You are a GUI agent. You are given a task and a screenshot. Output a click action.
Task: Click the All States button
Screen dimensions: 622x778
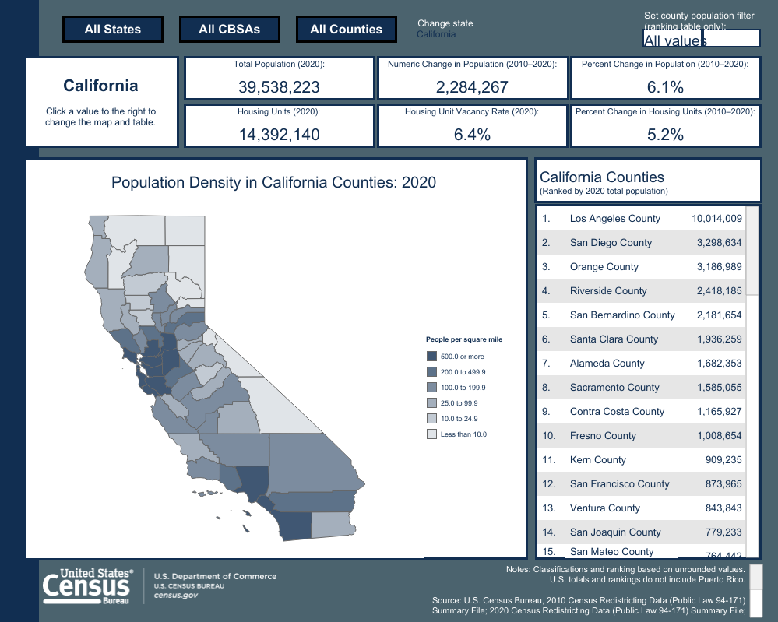coord(113,30)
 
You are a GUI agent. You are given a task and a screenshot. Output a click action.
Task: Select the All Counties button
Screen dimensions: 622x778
coord(347,30)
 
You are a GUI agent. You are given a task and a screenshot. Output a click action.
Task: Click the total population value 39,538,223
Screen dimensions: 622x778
coord(279,87)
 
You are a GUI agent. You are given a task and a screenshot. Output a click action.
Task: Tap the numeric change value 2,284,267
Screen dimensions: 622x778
coord(472,87)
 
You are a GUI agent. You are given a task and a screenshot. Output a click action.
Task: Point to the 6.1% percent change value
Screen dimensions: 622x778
coord(665,87)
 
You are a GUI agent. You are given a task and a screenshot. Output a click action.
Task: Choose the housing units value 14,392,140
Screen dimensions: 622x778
coord(279,135)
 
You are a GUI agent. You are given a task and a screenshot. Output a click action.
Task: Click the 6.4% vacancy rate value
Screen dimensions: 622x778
coord(472,135)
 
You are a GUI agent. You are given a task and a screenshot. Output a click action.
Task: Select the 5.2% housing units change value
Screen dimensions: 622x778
coord(665,135)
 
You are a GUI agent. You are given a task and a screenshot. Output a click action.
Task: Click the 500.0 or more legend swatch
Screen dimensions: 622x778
coord(431,357)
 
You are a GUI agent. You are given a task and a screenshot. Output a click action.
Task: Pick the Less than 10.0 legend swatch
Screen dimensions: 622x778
coord(431,434)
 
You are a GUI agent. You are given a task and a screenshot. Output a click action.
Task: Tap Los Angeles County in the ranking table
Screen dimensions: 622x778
coord(614,219)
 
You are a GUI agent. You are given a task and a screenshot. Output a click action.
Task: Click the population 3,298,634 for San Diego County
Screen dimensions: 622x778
coord(716,243)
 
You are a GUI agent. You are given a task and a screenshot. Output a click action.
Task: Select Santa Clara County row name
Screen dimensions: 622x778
coord(614,339)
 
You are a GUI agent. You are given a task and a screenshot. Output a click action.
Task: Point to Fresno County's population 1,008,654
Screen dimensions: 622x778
coord(716,436)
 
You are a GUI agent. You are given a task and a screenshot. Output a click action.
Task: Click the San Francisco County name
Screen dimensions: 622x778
coord(619,484)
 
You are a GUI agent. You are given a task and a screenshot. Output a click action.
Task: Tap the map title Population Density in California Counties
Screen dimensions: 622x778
coord(273,183)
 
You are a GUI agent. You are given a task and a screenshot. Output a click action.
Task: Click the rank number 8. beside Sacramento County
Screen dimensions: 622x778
coord(547,388)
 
